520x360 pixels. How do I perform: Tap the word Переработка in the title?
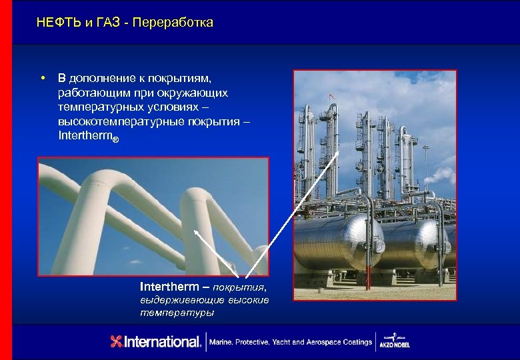pos(173,23)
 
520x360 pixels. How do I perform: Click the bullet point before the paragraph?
pos(42,79)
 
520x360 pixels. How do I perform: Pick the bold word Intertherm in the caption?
pos(169,287)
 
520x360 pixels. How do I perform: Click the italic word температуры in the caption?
pos(177,312)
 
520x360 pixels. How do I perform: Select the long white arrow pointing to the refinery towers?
pos(293,213)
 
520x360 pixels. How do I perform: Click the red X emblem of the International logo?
pos(117,342)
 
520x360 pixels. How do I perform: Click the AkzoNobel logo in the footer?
pos(401,341)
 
